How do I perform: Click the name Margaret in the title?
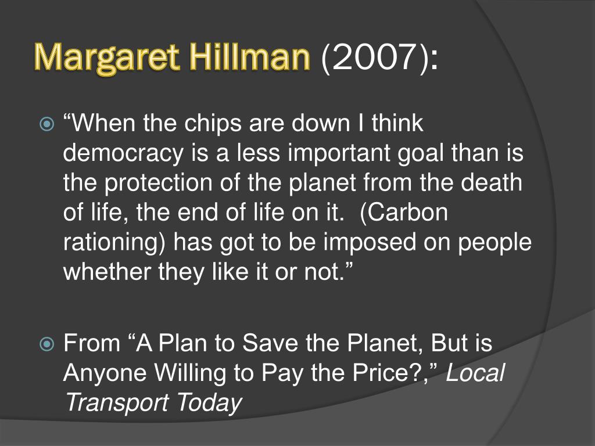[106, 58]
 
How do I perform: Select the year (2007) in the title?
[379, 57]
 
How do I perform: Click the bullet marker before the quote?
[46, 124]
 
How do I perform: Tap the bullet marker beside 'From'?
[46, 344]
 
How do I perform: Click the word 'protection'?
[158, 183]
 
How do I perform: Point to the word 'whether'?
[107, 271]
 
